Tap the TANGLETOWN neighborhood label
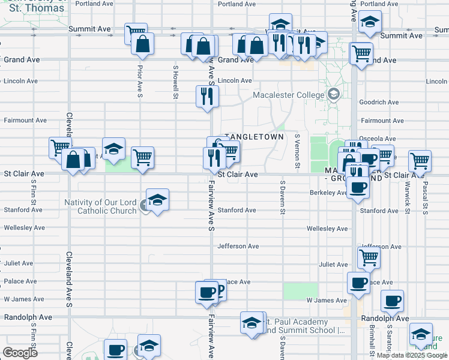pyautogui.click(x=254, y=137)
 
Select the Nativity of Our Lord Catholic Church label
pyautogui.click(x=100, y=206)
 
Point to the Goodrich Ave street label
pyautogui.click(x=379, y=103)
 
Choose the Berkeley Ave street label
pyautogui.click(x=328, y=193)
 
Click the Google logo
pyautogui.click(x=20, y=352)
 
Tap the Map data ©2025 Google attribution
pyautogui.click(x=412, y=355)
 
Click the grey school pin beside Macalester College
pyautogui.click(x=333, y=94)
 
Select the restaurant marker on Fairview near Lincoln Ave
pyautogui.click(x=207, y=96)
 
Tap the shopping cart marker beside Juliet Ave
pyautogui.click(x=369, y=258)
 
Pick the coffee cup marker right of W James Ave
pyautogui.click(x=393, y=301)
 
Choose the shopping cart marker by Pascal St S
pyautogui.click(x=420, y=161)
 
